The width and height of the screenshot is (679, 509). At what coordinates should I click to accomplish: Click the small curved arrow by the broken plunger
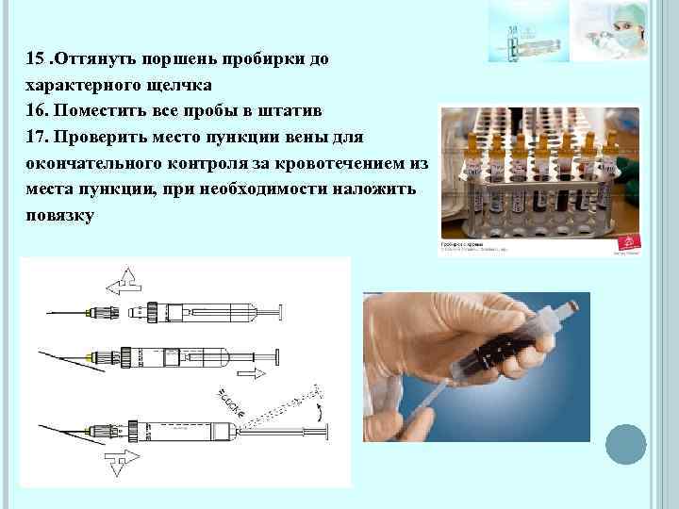[x=319, y=413]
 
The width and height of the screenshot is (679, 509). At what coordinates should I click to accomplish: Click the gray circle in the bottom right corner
[x=625, y=443]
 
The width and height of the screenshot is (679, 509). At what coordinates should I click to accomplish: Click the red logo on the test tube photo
[x=629, y=245]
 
